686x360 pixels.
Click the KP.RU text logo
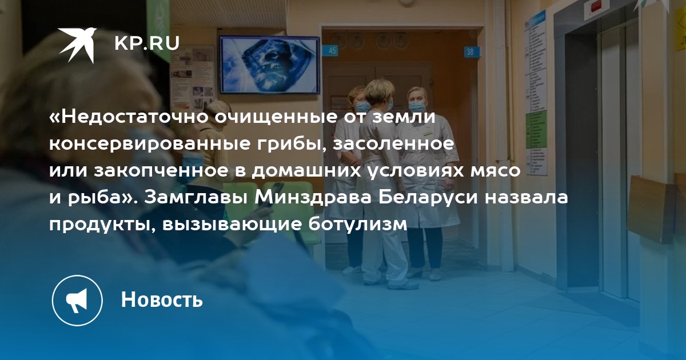click(147, 43)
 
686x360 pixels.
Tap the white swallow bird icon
click(77, 45)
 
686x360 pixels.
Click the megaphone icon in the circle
click(77, 301)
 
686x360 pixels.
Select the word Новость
click(162, 299)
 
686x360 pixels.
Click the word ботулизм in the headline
click(358, 225)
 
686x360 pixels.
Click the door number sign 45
click(333, 50)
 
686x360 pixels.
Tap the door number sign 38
click(470, 51)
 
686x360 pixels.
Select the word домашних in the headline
click(306, 171)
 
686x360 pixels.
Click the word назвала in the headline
click(526, 198)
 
